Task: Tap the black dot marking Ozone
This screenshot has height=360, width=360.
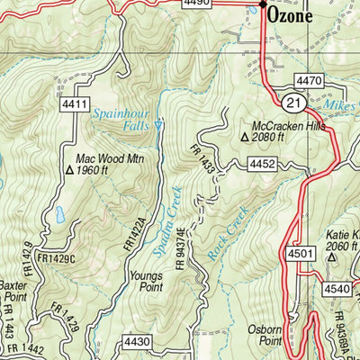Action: coord(263,5)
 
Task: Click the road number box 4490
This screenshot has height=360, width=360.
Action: coord(195,4)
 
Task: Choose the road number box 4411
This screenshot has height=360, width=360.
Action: coord(76,107)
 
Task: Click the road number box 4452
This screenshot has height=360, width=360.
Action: coord(261,163)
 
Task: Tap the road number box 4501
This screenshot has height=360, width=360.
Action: coord(303,254)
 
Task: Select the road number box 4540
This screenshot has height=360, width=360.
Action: coord(337,289)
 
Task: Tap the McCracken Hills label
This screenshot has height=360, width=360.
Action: coord(287,126)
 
